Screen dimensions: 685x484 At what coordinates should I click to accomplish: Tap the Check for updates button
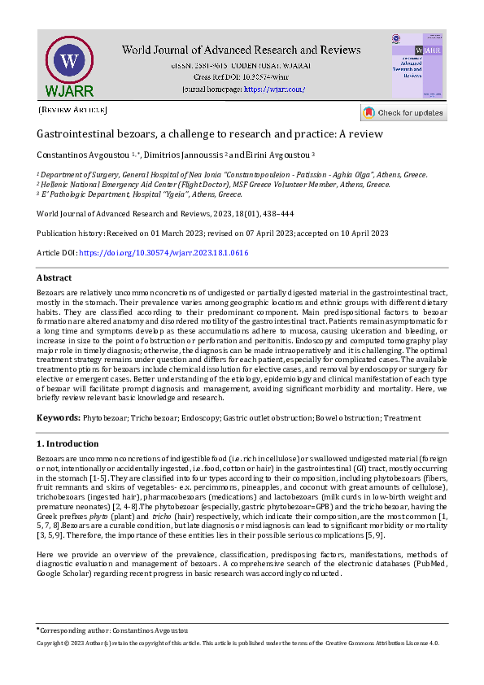[x=403, y=112]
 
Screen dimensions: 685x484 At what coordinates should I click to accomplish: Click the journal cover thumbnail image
[x=418, y=65]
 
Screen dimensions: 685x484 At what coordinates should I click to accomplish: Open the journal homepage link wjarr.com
[x=274, y=89]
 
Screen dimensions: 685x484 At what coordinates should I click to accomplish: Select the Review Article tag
[x=72, y=108]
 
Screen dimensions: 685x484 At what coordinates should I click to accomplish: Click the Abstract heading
[x=55, y=277]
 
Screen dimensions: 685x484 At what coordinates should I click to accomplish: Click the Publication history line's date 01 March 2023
[x=177, y=233]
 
